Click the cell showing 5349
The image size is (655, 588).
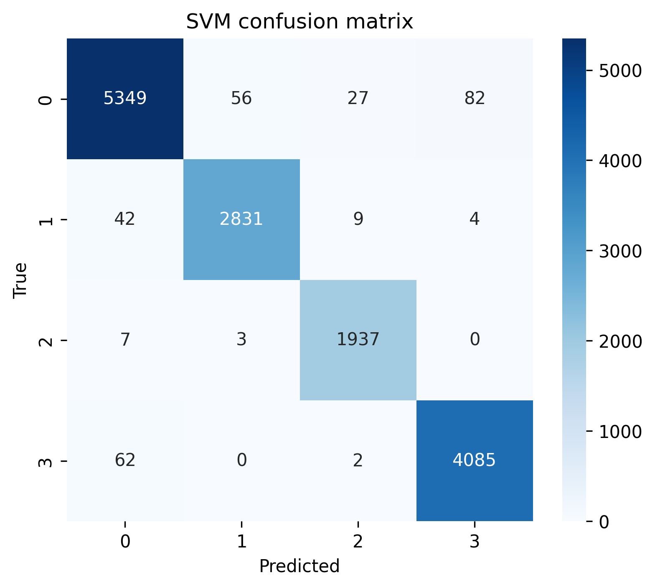(x=125, y=98)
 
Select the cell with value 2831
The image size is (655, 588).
(x=241, y=219)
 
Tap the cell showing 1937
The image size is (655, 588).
(x=358, y=339)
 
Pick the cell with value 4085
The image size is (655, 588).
(x=474, y=460)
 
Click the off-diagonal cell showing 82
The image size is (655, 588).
(x=474, y=98)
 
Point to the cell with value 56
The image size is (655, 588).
(x=241, y=98)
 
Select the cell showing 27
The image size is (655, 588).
(x=358, y=98)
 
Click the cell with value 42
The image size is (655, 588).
(x=125, y=219)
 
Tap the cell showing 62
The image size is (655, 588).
(x=125, y=460)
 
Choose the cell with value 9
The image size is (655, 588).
(x=358, y=219)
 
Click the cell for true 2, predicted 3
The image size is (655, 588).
(x=474, y=339)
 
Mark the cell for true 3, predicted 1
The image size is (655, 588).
(x=241, y=460)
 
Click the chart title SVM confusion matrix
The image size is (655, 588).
(x=300, y=22)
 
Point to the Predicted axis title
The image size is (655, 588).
(x=300, y=566)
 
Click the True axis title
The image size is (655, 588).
(x=20, y=280)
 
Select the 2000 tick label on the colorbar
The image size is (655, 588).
(x=620, y=341)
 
